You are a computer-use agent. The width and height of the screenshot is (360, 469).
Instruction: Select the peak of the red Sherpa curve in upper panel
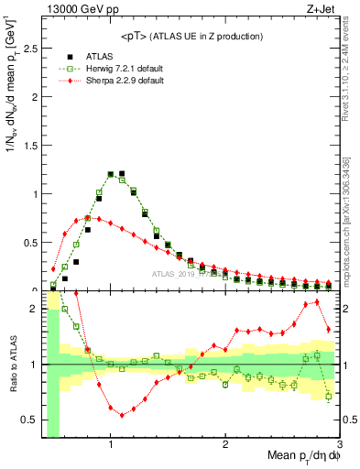87,218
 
